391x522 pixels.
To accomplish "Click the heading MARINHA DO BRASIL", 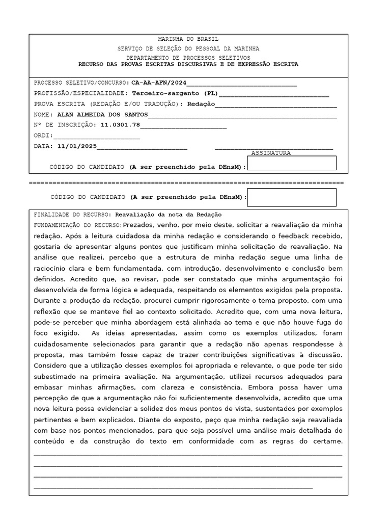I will pyautogui.click(x=188, y=39).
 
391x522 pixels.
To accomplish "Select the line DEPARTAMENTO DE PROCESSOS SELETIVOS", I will pyautogui.click(x=188, y=58).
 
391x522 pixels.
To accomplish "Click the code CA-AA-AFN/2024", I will pyautogui.click(x=159, y=83).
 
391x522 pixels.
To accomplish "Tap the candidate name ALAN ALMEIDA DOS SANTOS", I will pyautogui.click(x=102, y=115).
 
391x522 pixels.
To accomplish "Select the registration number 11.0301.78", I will pyautogui.click(x=120, y=124).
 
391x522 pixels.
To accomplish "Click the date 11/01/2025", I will pyautogui.click(x=77, y=146).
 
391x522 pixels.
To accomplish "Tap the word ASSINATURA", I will pyautogui.click(x=271, y=153).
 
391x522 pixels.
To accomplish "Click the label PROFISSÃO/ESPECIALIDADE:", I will pyautogui.click(x=81, y=94).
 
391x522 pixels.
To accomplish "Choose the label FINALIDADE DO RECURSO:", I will pyautogui.click(x=73, y=215).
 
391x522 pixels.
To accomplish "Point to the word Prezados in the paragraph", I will pyautogui.click(x=138, y=225).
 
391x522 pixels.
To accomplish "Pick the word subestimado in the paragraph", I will pyautogui.click(x=54, y=376).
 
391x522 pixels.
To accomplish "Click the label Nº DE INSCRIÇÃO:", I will pyautogui.click(x=65, y=124).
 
